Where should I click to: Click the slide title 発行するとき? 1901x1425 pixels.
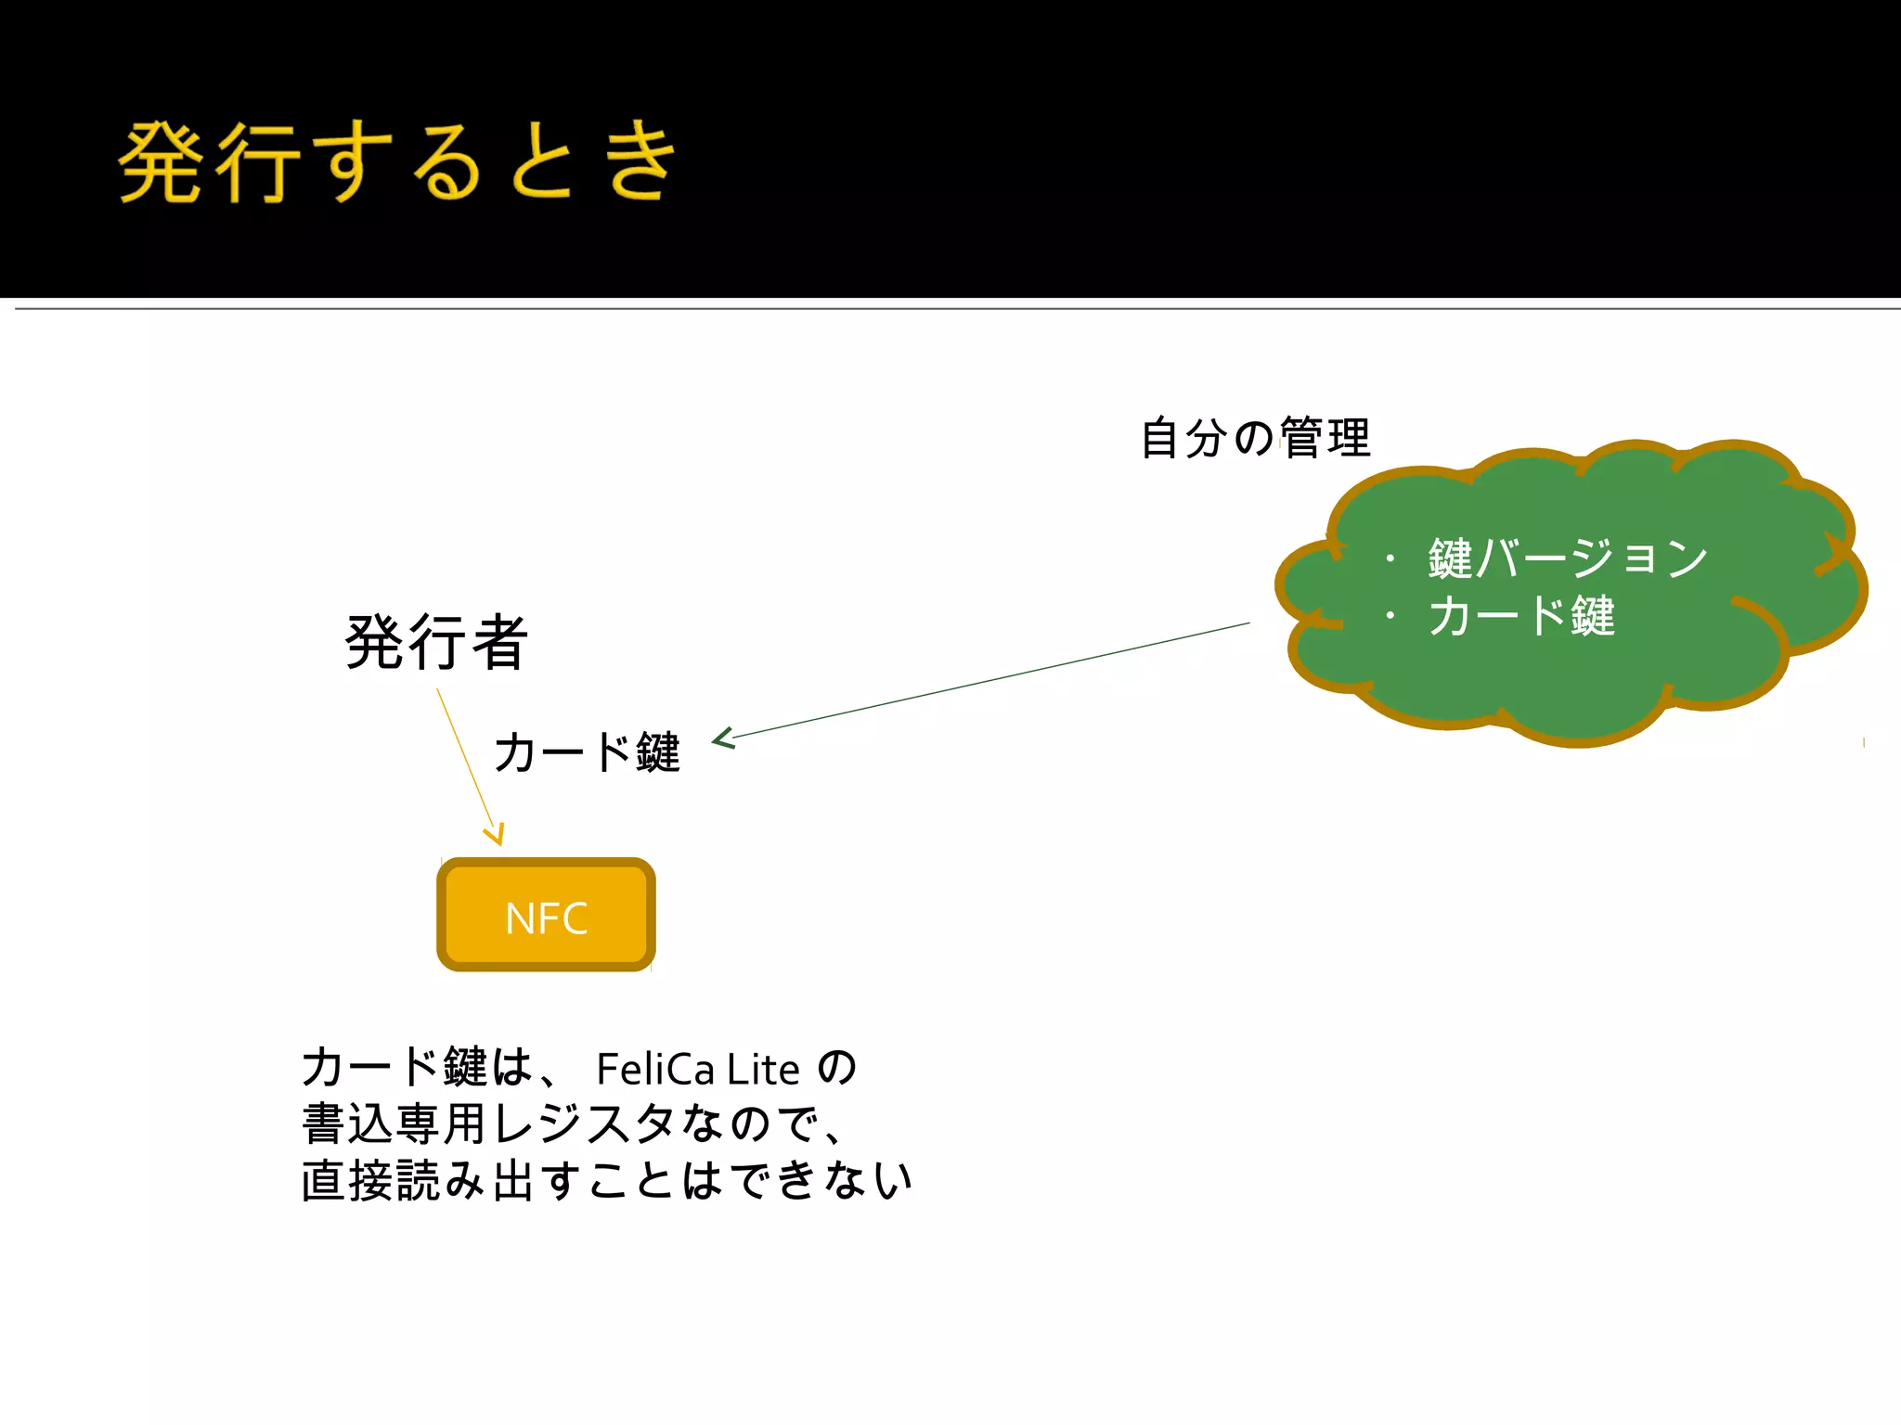[x=396, y=162]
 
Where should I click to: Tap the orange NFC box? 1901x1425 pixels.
[x=546, y=916]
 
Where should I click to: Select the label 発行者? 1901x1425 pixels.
[x=436, y=642]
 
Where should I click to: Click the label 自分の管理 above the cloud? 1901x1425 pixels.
[x=1255, y=438]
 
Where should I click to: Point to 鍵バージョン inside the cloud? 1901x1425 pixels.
[x=1568, y=558]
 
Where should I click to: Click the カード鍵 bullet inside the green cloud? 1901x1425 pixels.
[x=1522, y=616]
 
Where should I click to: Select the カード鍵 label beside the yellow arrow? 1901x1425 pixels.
[x=587, y=751]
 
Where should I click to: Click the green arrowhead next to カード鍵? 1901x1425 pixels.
[x=723, y=738]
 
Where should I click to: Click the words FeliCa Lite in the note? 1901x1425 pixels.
[x=698, y=1070]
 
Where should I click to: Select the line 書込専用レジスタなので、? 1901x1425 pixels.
[x=574, y=1124]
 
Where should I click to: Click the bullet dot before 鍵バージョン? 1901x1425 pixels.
[x=1390, y=558]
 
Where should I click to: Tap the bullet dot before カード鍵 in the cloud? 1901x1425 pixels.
[x=1390, y=616]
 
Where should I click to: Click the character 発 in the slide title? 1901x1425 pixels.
[x=162, y=162]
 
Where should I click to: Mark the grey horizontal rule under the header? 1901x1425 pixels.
[x=956, y=308]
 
